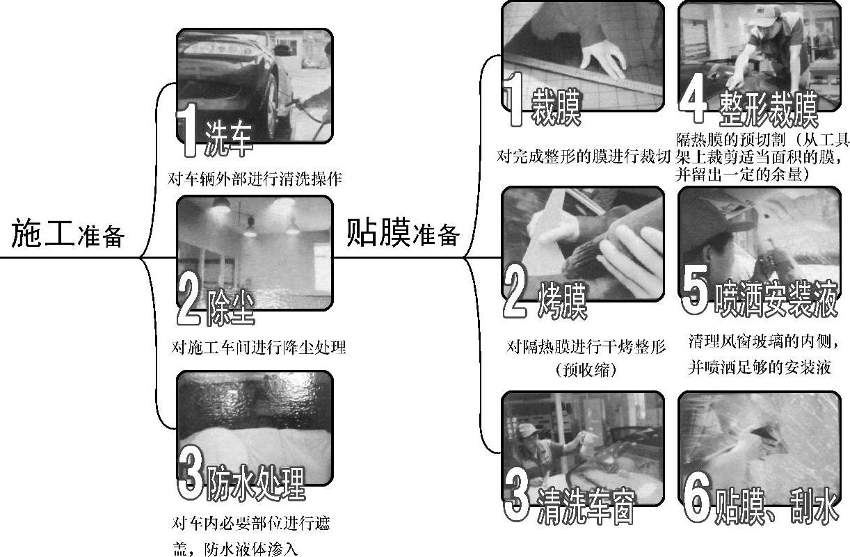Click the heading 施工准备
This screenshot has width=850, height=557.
pyautogui.click(x=67, y=234)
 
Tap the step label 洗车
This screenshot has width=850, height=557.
pyautogui.click(x=228, y=138)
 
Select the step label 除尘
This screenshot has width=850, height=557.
pyautogui.click(x=230, y=307)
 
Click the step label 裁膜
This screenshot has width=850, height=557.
pyautogui.click(x=556, y=107)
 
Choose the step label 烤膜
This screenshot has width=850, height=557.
pyautogui.click(x=562, y=300)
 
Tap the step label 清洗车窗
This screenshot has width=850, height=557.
pyautogui.click(x=586, y=507)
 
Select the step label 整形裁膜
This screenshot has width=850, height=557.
pyautogui.click(x=768, y=108)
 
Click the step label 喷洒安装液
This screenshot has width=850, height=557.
pyautogui.click(x=776, y=299)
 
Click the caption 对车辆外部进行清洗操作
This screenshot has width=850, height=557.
pyautogui.click(x=255, y=179)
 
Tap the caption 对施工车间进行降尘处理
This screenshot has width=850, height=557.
pyautogui.click(x=259, y=347)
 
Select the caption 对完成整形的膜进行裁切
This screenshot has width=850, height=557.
pyautogui.click(x=584, y=156)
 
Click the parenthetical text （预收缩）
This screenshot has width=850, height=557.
pyautogui.click(x=586, y=369)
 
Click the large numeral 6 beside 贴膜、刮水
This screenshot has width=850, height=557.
pyautogui.click(x=697, y=497)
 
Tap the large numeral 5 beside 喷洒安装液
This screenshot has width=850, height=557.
pyautogui.click(x=695, y=289)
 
